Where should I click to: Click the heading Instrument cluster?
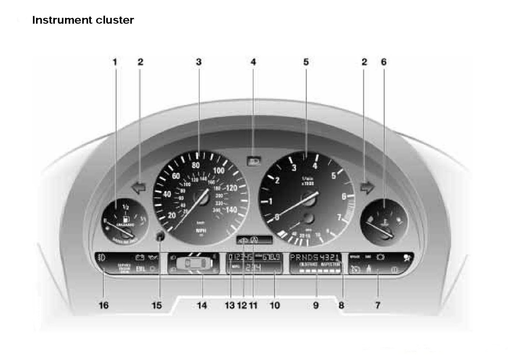[83, 20]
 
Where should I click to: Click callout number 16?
[104, 305]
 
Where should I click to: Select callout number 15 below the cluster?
[157, 305]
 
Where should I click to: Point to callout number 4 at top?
[253, 62]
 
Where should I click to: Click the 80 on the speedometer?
[196, 165]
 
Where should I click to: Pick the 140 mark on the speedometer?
[231, 209]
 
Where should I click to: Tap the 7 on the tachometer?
[339, 218]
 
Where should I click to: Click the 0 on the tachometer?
[277, 217]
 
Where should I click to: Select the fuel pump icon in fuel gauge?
[127, 219]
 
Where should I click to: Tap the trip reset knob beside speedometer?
[160, 236]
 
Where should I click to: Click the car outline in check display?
[194, 263]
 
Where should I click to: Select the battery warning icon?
[139, 257]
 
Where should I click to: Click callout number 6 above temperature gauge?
[383, 62]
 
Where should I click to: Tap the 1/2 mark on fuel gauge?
[125, 207]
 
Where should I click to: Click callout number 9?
[316, 305]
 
